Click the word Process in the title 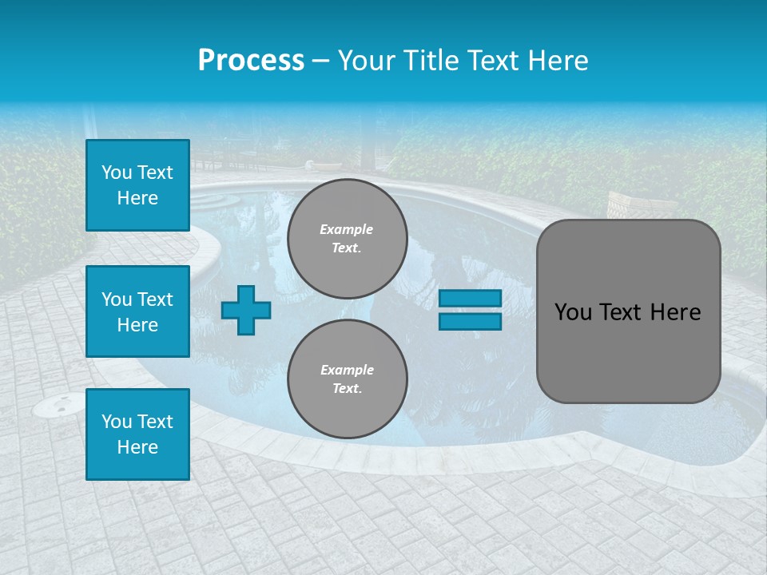pos(251,61)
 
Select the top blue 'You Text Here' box pos(137,185)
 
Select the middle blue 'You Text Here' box pos(137,311)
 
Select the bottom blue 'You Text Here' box pos(137,434)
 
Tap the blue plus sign pos(246,310)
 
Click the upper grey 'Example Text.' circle pos(347,239)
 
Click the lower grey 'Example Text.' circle pos(347,379)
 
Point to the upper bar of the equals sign pos(470,299)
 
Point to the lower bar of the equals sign pos(470,321)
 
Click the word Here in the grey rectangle pos(675,312)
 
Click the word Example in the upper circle pos(346,230)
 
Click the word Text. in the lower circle pos(347,389)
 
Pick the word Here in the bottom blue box pos(137,447)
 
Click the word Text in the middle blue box pos(155,299)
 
